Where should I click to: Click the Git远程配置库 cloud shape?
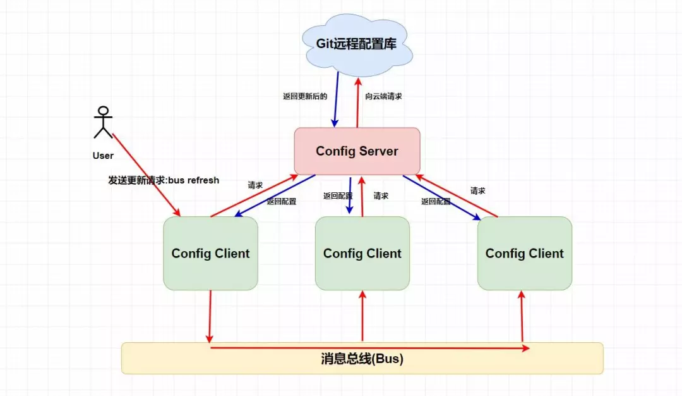357,45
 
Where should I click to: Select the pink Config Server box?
357,151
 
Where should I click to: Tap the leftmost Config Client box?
210,254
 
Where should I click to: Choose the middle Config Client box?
362,254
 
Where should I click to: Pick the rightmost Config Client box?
524,254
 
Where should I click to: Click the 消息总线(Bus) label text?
362,359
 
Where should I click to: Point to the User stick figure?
103,123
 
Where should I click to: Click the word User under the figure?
103,156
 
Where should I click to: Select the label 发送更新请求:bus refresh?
164,180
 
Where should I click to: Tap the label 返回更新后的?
305,97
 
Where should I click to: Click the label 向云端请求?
383,97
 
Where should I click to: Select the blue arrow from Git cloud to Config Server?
336,99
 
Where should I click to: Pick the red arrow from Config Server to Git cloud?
357,101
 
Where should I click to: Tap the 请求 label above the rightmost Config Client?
478,190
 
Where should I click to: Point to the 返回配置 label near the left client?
281,202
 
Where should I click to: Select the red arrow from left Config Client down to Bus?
210,316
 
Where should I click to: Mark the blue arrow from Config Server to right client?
442,197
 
